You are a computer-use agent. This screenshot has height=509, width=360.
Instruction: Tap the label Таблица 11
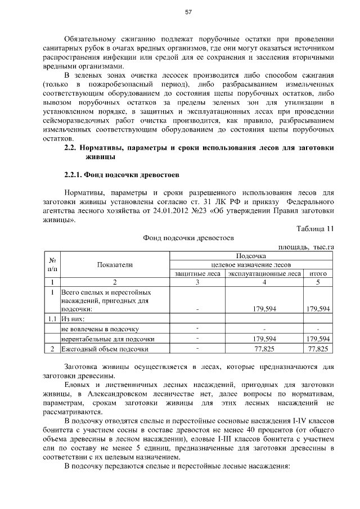[315, 228]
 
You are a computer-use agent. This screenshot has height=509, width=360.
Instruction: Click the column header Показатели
[114, 264]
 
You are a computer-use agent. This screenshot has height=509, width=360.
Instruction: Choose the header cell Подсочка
[251, 255]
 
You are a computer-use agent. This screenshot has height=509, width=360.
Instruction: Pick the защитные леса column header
[197, 274]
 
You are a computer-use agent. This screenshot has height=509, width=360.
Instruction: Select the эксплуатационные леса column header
[264, 274]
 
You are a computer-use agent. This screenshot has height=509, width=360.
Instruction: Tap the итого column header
[318, 274]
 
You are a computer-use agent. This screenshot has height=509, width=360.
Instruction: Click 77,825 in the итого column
[318, 349]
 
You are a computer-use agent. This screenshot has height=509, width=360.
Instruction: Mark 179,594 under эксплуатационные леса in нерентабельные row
[264, 339]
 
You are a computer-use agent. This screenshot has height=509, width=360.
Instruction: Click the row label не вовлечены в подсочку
[100, 328]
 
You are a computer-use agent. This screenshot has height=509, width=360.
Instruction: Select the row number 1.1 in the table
[52, 318]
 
